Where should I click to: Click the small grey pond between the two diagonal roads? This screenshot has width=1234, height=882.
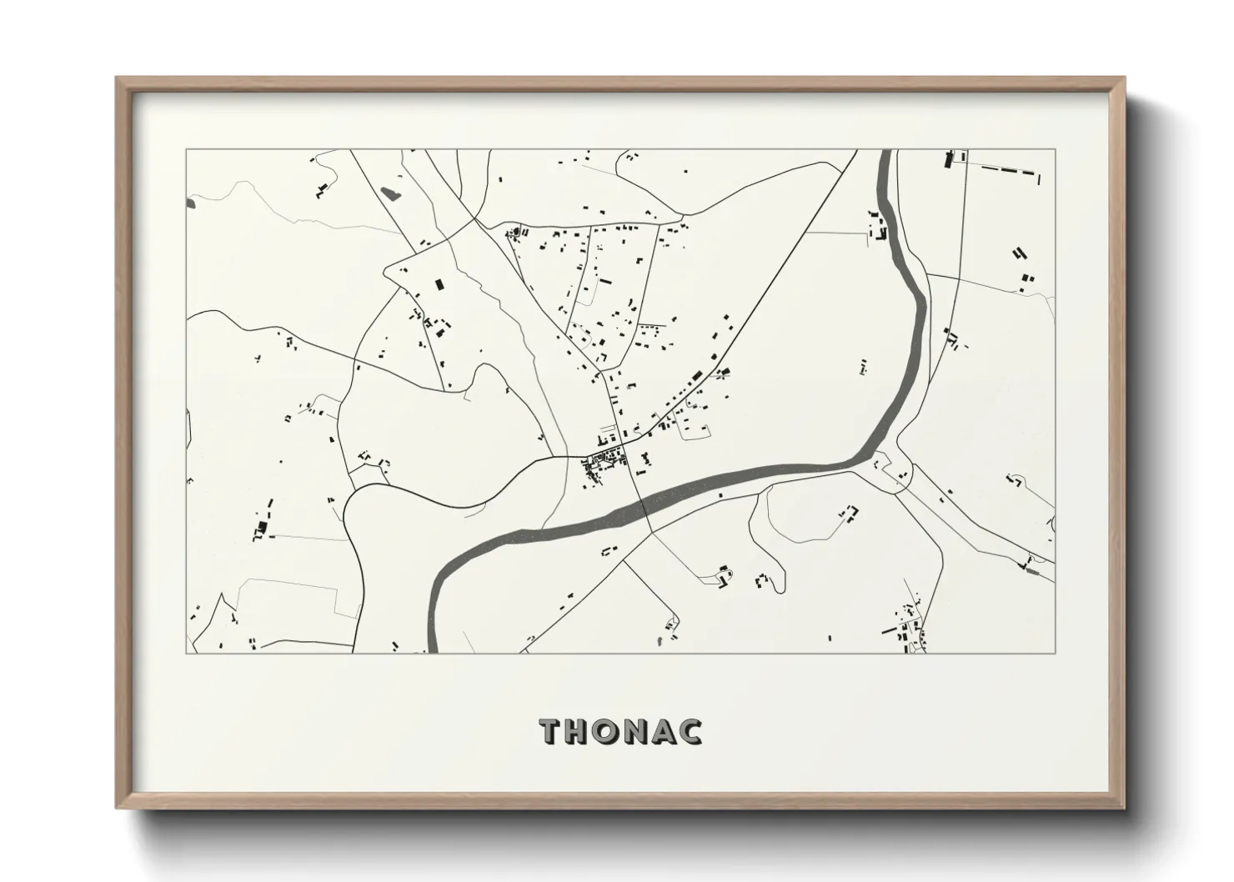389,194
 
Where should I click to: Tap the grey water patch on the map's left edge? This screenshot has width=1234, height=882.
190,202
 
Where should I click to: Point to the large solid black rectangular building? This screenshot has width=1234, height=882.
439,283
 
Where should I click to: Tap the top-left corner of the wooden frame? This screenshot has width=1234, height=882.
118,78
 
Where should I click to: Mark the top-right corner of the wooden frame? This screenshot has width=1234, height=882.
1123,78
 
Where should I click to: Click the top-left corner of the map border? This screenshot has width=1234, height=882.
186,150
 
